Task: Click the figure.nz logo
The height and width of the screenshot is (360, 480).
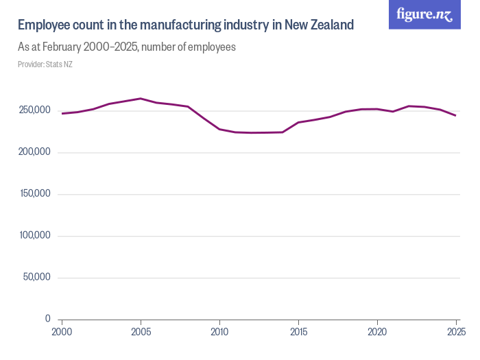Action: click(424, 14)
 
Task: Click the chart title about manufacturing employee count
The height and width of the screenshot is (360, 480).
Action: click(185, 25)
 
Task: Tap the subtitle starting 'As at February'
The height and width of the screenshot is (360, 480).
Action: click(127, 47)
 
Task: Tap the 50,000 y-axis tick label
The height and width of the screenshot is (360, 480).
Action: click(36, 278)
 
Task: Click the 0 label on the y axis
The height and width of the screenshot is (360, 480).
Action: click(47, 319)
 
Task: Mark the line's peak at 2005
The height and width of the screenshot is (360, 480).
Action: click(141, 99)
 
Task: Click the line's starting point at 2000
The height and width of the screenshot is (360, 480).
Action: click(62, 114)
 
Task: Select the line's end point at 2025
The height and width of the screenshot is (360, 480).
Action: click(456, 116)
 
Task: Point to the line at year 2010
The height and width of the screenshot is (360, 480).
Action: click(219, 129)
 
